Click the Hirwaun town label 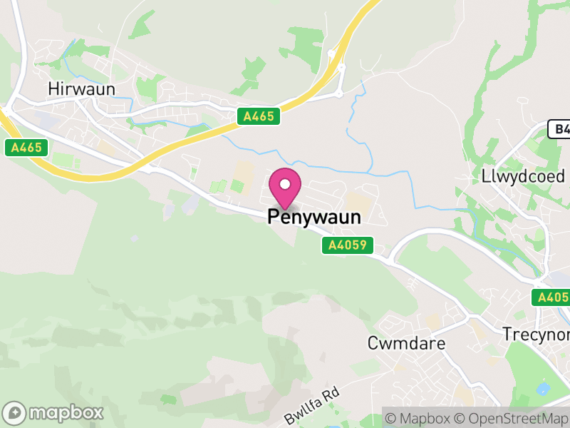81,88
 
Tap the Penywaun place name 314,218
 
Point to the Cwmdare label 406,343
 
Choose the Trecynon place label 536,335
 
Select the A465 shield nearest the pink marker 259,116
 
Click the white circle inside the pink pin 285,185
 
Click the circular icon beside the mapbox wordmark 16,412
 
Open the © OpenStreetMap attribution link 511,418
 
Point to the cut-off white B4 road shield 560,129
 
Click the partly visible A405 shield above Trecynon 553,297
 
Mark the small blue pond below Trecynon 543,389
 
